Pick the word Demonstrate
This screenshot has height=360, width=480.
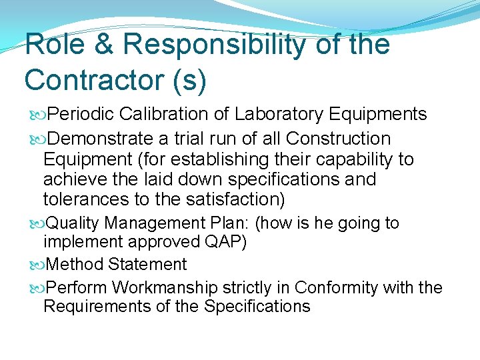(x=101, y=139)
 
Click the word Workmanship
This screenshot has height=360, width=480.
(x=165, y=288)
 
